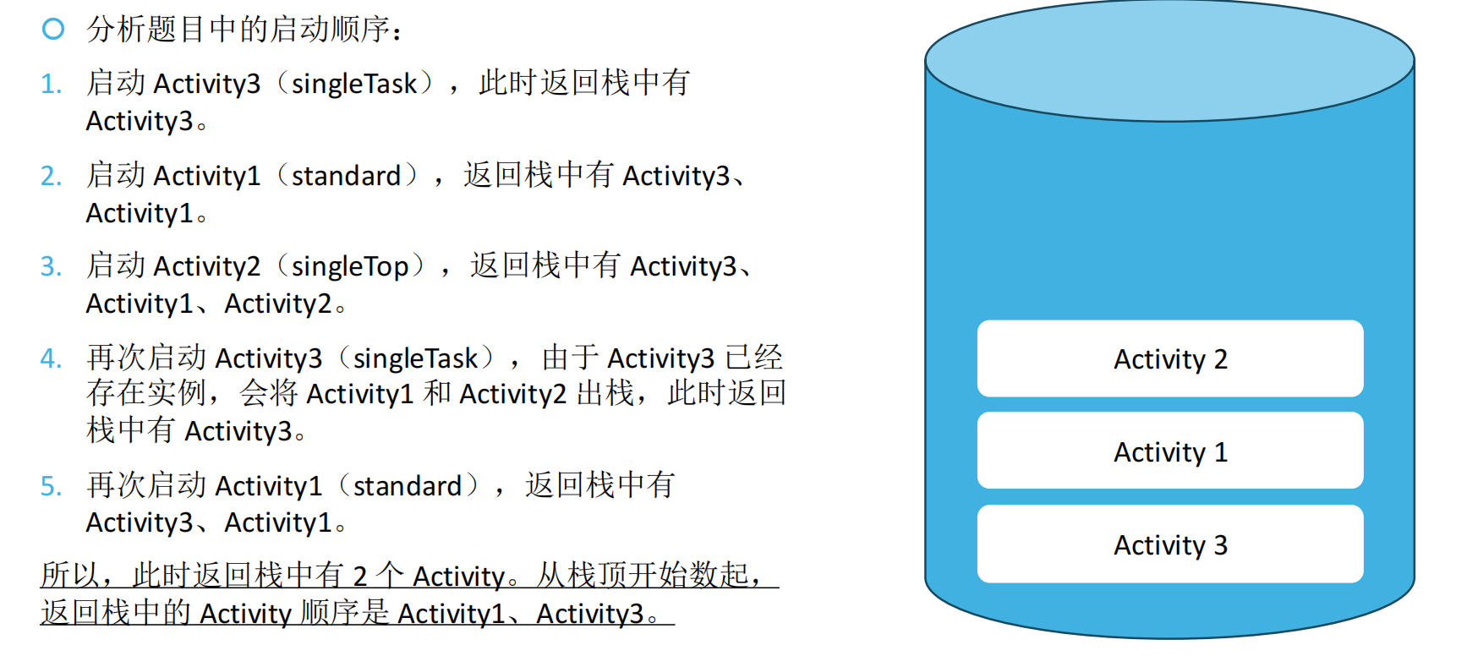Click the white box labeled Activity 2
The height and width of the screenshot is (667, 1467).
click(1170, 359)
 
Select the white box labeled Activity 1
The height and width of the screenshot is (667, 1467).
click(1170, 451)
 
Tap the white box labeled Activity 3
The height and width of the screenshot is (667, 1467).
click(1170, 544)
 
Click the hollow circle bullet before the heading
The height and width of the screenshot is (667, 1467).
click(53, 30)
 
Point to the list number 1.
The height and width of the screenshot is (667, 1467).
click(51, 85)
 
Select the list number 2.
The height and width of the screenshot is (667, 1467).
click(51, 176)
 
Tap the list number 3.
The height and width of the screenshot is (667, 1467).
click(51, 267)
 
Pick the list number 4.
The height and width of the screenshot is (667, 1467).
click(51, 359)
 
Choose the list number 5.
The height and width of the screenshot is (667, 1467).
click(51, 487)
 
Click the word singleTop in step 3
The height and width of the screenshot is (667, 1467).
click(350, 267)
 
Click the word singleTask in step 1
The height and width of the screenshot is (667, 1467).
click(354, 85)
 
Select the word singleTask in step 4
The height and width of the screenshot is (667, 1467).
click(415, 359)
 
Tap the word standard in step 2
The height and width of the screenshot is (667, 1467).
click(346, 176)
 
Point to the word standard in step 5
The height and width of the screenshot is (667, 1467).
click(408, 487)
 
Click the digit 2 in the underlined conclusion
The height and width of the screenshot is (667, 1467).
click(359, 577)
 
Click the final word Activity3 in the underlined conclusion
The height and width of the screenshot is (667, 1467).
click(590, 614)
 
